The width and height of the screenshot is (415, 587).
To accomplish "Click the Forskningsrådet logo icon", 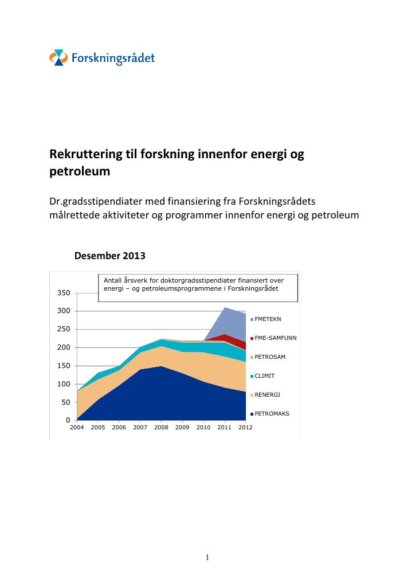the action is click(58, 58).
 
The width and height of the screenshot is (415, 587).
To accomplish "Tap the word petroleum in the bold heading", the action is click(80, 171).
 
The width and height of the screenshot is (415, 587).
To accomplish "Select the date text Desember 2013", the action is click(109, 256).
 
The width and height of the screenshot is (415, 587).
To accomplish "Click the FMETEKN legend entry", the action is click(266, 319).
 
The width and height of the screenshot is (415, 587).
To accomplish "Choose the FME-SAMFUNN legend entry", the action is click(273, 338).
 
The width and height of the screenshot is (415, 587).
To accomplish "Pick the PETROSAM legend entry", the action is click(268, 357).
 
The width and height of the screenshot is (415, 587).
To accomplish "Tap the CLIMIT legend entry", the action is click(263, 376).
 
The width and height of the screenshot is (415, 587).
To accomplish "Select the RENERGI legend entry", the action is click(265, 395).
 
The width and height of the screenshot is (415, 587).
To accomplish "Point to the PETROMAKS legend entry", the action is click(270, 414).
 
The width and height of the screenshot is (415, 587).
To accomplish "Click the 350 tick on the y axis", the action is click(64, 293).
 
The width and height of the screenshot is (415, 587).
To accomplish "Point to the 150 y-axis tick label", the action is click(64, 366).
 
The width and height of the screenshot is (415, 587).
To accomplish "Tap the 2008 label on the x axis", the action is click(161, 428).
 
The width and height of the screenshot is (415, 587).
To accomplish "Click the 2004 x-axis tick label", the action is click(77, 428).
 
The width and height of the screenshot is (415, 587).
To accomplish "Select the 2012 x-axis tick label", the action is click(245, 428).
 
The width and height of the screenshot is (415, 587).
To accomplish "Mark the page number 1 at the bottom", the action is click(207, 557).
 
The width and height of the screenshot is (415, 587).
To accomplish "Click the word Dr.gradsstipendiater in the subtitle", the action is click(96, 202).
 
